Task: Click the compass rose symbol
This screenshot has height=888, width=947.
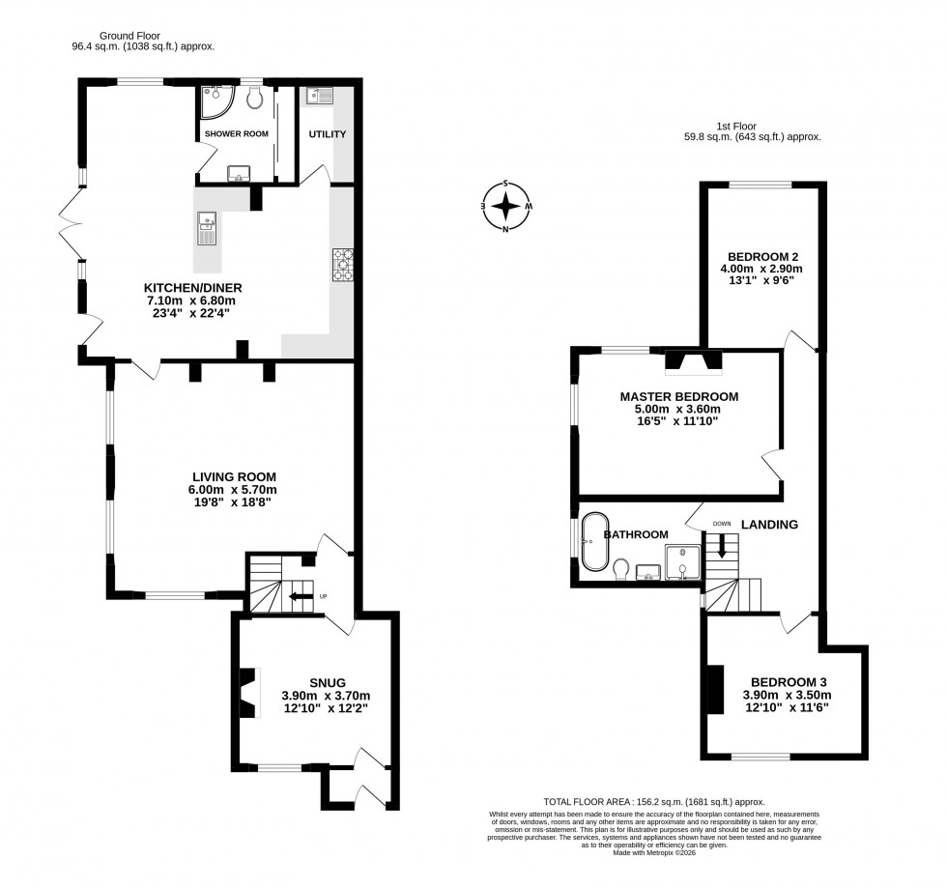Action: coord(505,206)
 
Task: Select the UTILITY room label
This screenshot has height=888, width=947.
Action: coord(327,134)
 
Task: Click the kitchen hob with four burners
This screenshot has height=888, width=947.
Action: coord(343,265)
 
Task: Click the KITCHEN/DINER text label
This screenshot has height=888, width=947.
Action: coord(192,288)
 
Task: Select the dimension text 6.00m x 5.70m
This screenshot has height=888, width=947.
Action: coord(233,490)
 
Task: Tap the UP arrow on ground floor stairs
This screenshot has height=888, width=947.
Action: coord(300,596)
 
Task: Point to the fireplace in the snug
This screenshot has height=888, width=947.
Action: coord(249,693)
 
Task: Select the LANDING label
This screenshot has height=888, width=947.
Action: coord(769,525)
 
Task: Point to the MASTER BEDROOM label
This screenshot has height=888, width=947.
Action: coord(678,396)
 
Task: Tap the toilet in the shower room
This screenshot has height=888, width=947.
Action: coord(254,98)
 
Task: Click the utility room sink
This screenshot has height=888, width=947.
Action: coord(319,96)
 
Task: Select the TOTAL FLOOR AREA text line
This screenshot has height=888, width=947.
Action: coord(654,802)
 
